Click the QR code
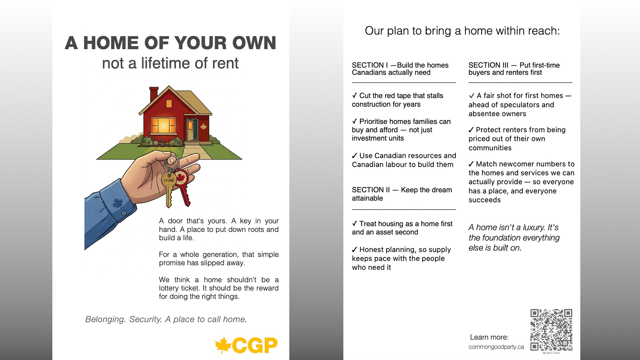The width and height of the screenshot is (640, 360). [551, 330]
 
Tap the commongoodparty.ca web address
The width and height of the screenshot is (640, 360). [496, 347]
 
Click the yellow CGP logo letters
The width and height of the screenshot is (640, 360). [255, 345]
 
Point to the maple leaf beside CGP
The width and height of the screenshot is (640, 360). [223, 345]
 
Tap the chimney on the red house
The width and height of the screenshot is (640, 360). [154, 94]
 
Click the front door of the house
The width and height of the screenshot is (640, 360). [191, 130]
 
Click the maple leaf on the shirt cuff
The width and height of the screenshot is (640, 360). [117, 203]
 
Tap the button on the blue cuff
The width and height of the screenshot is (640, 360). [124, 213]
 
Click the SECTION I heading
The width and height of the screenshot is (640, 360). [400, 69]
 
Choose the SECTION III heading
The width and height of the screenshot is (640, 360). [514, 69]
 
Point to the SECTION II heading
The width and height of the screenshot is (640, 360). [402, 194]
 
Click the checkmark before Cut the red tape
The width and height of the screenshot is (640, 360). [355, 96]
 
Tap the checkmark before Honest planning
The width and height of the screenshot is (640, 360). [355, 250]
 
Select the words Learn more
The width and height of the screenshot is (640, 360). [489, 337]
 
